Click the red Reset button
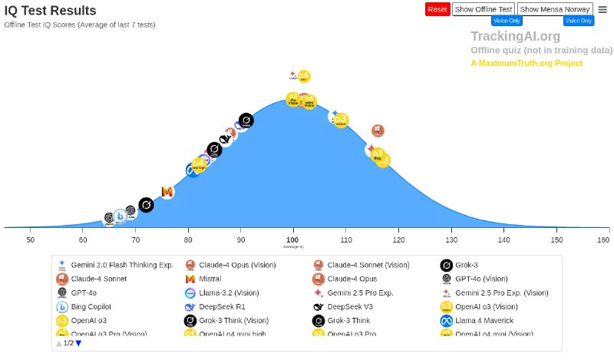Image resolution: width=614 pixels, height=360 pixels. (437, 9)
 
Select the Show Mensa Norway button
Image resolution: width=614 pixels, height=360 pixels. (555, 9)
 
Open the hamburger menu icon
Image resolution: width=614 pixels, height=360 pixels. (602, 9)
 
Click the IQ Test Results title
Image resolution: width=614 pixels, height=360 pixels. (51, 11)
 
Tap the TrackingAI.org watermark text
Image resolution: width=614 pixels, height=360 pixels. (515, 36)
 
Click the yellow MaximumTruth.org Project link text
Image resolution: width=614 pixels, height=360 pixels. (527, 63)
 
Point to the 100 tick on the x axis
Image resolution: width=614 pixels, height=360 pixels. (293, 240)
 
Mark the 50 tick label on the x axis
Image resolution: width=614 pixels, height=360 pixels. (31, 240)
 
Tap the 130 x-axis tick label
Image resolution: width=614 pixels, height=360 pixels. (451, 240)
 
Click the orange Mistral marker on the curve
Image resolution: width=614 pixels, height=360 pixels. (167, 191)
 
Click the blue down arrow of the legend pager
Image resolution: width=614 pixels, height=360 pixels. (78, 343)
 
